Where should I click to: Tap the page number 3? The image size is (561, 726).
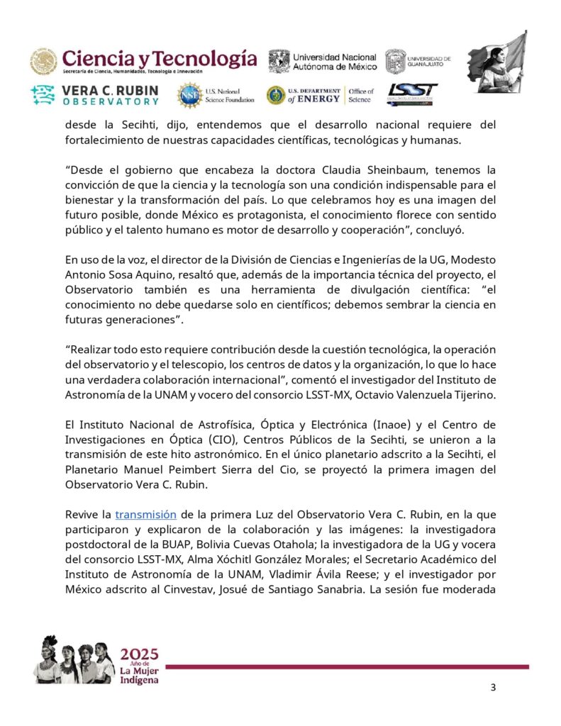(x=494, y=688)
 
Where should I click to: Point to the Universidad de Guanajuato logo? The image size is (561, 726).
(x=418, y=62)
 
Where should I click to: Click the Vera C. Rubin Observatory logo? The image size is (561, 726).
(x=95, y=95)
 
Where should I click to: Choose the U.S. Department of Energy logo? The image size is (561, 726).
(x=321, y=95)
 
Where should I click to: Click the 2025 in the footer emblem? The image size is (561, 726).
(x=140, y=653)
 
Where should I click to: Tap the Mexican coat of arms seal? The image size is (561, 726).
(x=44, y=62)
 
